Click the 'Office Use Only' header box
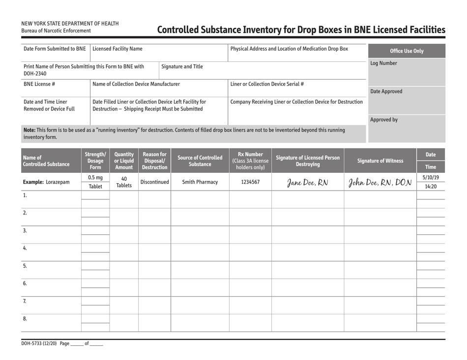[406, 51]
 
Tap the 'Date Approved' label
[386, 91]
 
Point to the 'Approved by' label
[384, 119]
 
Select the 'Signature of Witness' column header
[380, 160]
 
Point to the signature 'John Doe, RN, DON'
[380, 182]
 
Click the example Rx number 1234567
[250, 182]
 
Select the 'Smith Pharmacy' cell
[200, 182]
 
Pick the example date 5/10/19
[431, 177]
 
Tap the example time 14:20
[431, 187]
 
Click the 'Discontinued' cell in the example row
[154, 182]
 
